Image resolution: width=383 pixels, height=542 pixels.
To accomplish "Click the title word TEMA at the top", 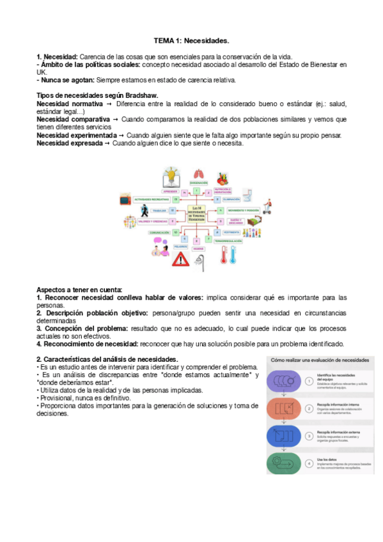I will coord(165,40).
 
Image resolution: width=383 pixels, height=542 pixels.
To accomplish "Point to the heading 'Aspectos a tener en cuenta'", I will coord(79,290).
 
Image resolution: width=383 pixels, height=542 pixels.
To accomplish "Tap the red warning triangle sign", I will coord(182,259).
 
